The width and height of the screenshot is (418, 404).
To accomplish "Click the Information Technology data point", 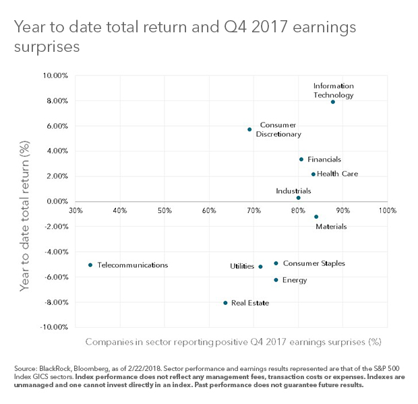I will tap(332, 102).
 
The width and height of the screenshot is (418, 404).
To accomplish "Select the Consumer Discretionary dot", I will tap(249, 129).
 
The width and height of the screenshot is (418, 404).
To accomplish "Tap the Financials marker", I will tap(301, 160).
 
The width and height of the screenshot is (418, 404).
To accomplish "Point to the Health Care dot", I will tap(313, 174).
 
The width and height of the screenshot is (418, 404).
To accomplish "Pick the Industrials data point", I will tap(298, 198).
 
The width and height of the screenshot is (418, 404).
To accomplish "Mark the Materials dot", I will tap(316, 217).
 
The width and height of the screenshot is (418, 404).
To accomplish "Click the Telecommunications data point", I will tap(90, 265).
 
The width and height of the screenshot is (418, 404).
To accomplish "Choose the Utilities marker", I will tap(260, 267).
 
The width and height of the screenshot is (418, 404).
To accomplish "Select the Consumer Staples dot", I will tap(276, 263).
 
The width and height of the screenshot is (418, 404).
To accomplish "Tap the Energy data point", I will tap(276, 280).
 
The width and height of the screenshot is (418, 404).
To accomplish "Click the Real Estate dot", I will tap(225, 303).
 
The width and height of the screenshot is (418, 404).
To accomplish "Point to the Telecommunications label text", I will tap(132, 265).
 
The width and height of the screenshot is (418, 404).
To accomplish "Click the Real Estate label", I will tap(250, 303).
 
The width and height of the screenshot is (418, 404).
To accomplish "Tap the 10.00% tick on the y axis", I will tap(55, 75).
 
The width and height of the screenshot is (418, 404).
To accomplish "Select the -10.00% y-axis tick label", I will tap(53, 327).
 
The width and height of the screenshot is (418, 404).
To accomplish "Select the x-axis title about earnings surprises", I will tap(233, 342).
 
